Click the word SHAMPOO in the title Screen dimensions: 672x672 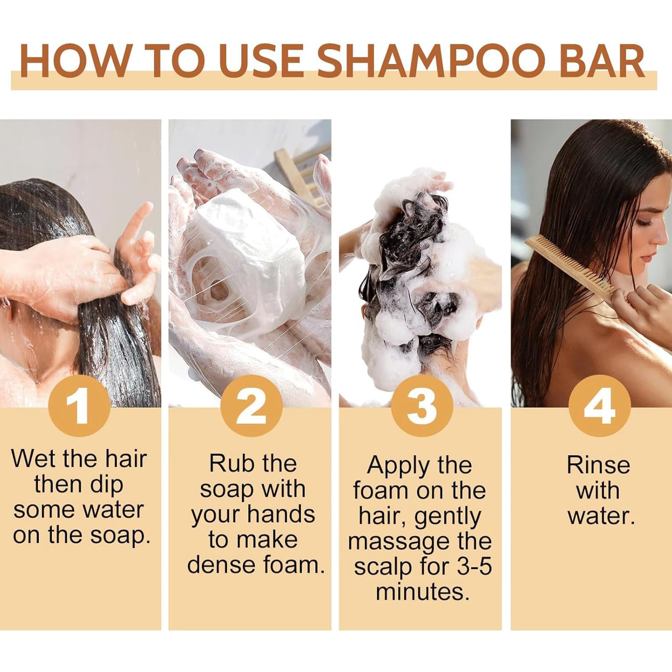pyautogui.click(x=425, y=61)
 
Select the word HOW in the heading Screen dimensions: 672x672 pyautogui.click(x=76, y=61)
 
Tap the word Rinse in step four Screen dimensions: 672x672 pyautogui.click(x=598, y=465)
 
